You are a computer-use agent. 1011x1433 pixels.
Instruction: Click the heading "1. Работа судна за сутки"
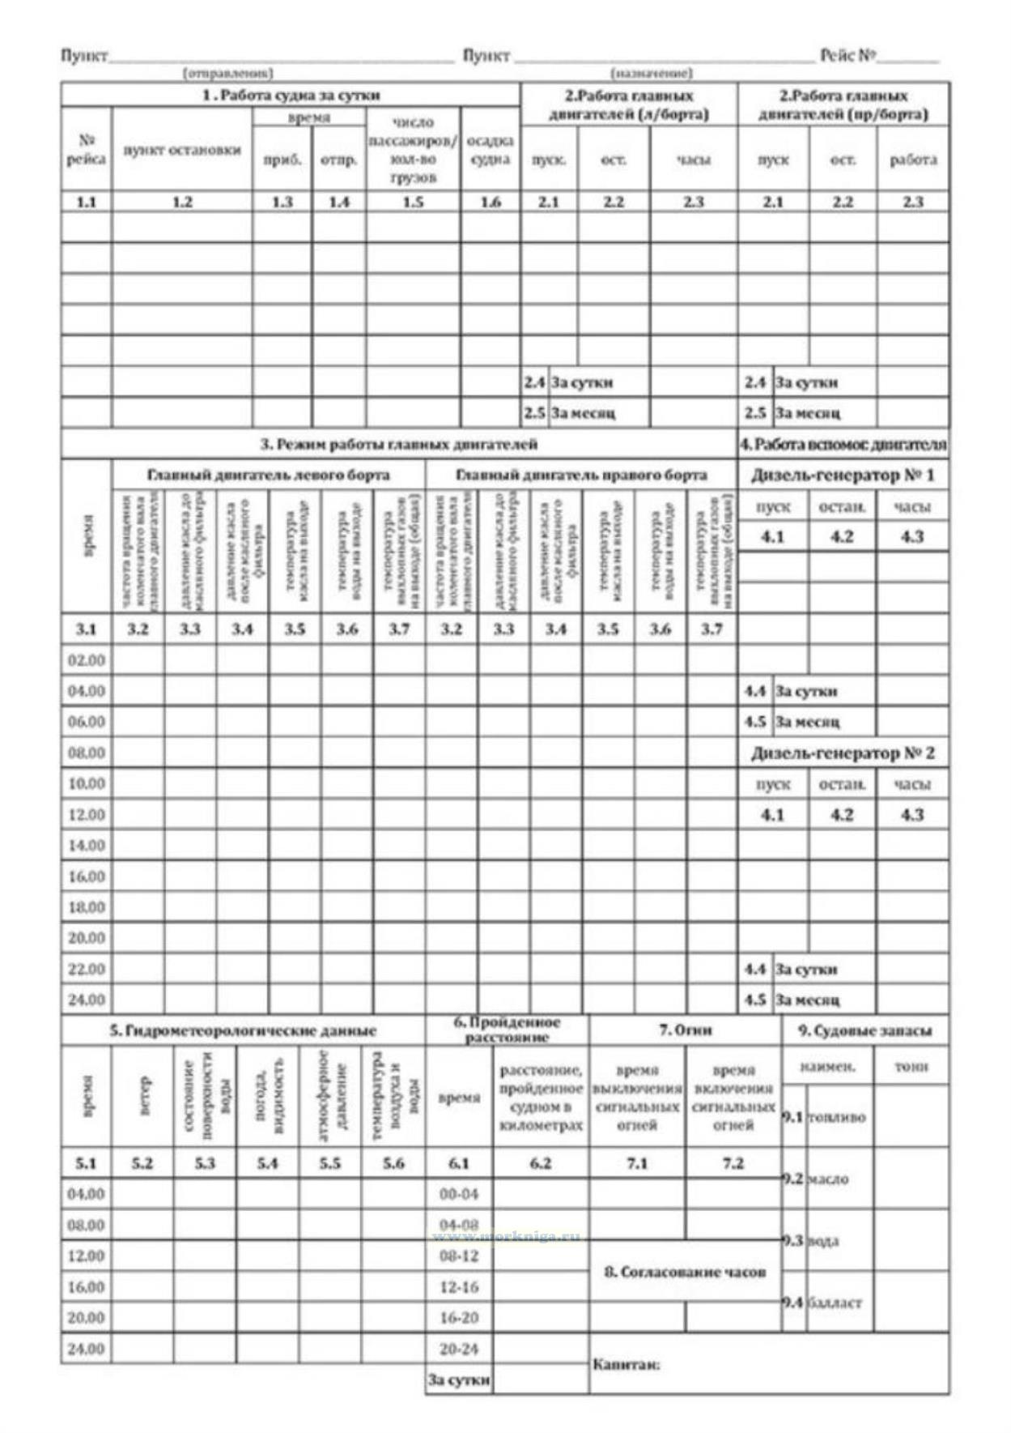click(291, 95)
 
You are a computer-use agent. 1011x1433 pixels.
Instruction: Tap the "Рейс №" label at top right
click(847, 55)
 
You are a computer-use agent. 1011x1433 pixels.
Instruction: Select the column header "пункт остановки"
click(182, 151)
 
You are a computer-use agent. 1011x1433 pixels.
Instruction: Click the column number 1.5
click(413, 202)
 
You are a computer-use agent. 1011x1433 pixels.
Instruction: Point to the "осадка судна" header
click(490, 151)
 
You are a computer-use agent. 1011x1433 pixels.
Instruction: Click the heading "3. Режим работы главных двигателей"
click(398, 444)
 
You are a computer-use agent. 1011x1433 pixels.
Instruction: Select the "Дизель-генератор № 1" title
click(843, 475)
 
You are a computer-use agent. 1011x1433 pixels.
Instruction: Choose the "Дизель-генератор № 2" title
click(843, 753)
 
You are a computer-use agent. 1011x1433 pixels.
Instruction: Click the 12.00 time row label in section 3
click(87, 815)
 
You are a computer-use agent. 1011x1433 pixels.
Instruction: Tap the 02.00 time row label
click(87, 660)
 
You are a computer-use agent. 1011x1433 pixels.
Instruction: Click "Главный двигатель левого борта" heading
click(268, 475)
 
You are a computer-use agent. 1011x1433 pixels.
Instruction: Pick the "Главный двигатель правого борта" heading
click(580, 475)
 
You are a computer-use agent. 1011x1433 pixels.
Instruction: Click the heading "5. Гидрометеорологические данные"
click(243, 1030)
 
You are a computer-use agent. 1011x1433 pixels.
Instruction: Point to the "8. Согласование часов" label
click(685, 1272)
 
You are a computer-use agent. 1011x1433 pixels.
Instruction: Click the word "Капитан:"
click(626, 1365)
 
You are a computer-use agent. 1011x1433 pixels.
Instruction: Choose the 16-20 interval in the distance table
click(459, 1318)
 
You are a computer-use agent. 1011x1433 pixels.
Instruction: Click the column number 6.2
click(540, 1163)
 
